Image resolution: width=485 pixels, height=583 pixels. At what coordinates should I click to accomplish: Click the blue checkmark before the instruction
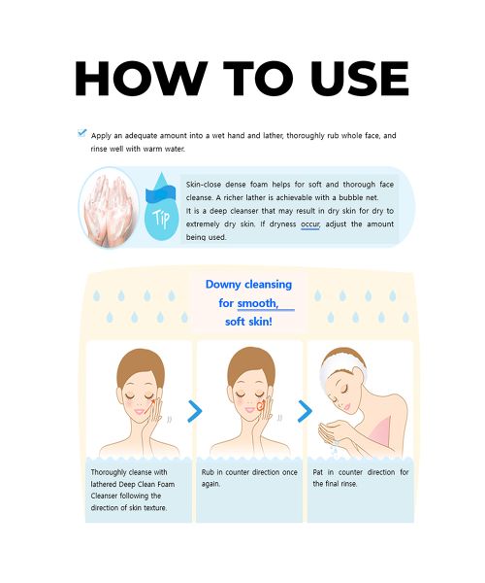click(81, 133)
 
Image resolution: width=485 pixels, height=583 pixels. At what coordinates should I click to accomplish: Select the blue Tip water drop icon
click(158, 208)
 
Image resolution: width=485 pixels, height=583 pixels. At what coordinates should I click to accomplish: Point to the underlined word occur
click(310, 223)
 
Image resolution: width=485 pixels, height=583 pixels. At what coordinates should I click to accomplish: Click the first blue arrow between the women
click(195, 411)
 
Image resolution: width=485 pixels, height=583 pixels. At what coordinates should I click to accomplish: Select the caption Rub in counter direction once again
click(249, 478)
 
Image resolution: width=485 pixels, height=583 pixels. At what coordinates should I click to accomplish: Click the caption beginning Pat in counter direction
click(360, 478)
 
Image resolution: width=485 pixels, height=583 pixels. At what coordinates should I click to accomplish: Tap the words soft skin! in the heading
click(248, 321)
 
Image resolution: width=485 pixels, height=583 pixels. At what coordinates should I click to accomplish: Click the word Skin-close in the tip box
click(207, 183)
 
